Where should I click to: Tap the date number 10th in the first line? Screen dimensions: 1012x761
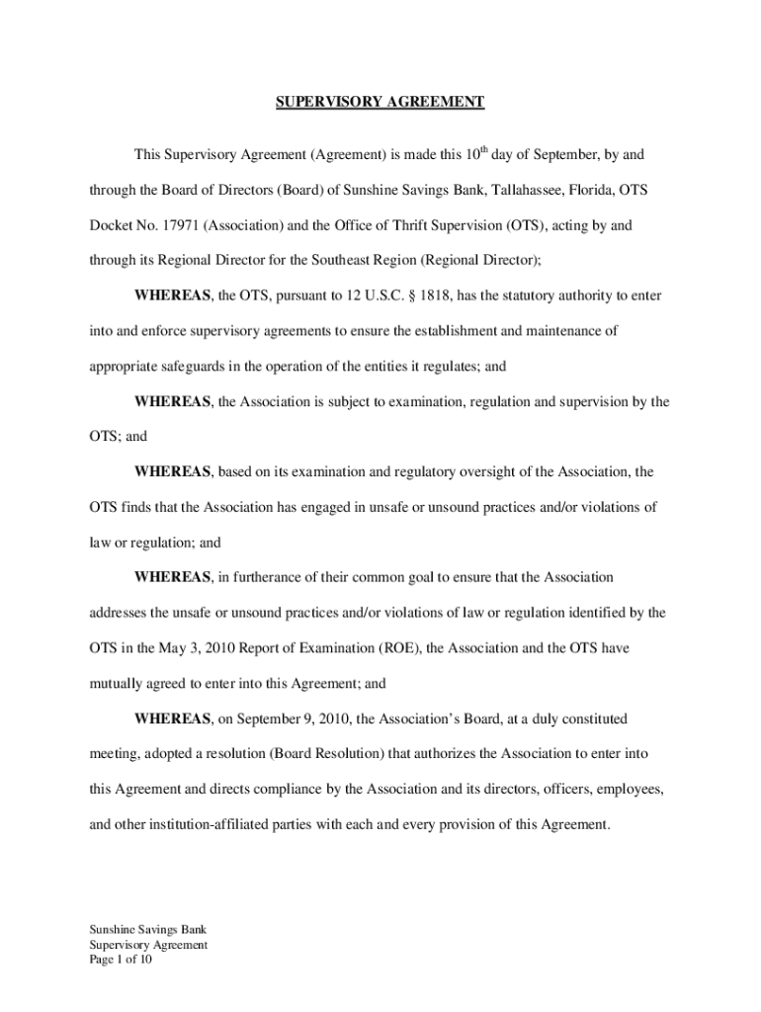(x=476, y=154)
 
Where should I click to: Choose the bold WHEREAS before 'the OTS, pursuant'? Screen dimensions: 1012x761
(x=173, y=295)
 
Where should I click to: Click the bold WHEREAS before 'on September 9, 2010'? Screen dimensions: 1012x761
(x=173, y=718)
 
